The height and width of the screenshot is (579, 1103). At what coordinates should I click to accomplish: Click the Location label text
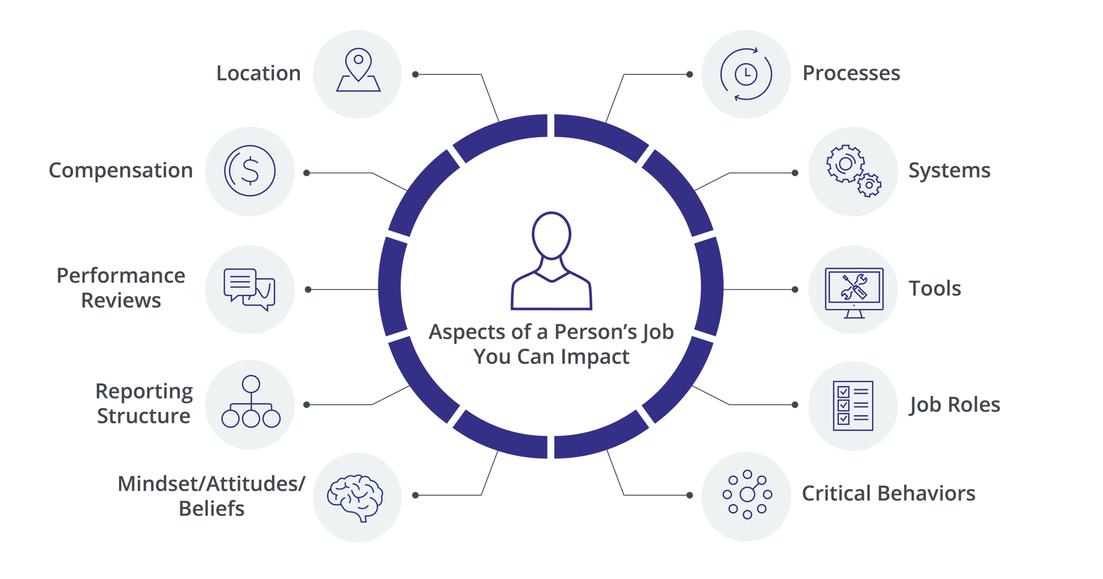(258, 73)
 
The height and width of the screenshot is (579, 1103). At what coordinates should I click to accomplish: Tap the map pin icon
(358, 71)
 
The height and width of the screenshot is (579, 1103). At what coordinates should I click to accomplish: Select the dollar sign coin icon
(250, 171)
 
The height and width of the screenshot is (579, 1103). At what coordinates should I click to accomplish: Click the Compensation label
(121, 170)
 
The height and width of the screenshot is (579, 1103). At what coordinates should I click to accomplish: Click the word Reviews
(121, 301)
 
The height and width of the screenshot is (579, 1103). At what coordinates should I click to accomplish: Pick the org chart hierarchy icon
(251, 403)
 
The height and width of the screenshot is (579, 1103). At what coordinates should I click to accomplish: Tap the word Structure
(144, 416)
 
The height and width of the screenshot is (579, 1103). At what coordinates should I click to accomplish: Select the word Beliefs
(212, 508)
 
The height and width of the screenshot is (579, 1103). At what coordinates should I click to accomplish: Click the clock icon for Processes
(746, 74)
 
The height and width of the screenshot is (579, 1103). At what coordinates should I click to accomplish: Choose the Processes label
(851, 73)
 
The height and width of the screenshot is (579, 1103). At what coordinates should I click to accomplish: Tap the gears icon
(853, 171)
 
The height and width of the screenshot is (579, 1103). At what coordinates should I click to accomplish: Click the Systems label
(949, 171)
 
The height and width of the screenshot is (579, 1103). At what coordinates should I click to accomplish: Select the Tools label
(935, 289)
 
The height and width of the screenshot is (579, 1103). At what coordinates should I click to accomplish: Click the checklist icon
(853, 405)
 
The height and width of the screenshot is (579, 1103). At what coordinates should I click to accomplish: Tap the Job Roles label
(955, 405)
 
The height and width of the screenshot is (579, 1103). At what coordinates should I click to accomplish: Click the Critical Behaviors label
(888, 494)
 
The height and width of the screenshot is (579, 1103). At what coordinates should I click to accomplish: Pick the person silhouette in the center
(551, 262)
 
